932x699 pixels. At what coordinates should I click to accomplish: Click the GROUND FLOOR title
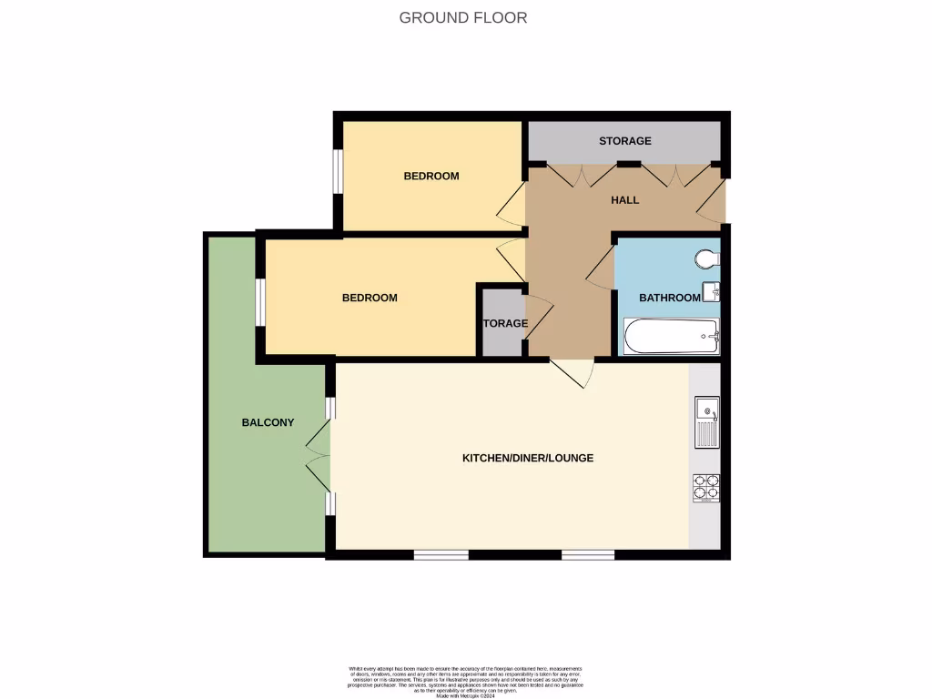click(463, 17)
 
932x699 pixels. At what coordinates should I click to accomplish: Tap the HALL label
click(624, 200)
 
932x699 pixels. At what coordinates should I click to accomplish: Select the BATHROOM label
click(669, 298)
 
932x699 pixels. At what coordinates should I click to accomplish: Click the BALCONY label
click(268, 422)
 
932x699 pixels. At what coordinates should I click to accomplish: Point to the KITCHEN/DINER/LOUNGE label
click(528, 458)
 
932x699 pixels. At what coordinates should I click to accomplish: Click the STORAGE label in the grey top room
click(624, 141)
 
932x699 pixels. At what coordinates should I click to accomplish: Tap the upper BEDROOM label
click(431, 176)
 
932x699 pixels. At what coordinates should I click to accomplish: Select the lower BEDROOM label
click(370, 298)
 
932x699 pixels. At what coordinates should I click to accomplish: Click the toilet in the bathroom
click(707, 259)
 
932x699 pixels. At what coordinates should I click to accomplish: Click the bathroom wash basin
click(714, 292)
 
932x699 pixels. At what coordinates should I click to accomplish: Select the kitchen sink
click(707, 421)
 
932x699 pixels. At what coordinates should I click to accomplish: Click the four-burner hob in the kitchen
click(706, 488)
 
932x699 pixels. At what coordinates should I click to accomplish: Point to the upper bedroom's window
click(337, 171)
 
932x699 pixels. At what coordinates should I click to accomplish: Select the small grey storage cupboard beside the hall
click(501, 323)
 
